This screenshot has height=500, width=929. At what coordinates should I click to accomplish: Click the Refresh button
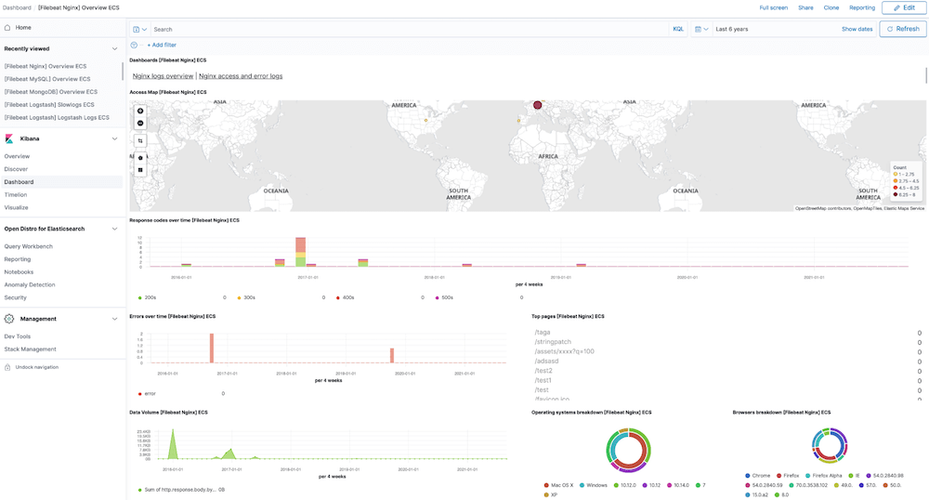pyautogui.click(x=903, y=29)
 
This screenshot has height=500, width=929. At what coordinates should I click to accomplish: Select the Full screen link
pyautogui.click(x=773, y=7)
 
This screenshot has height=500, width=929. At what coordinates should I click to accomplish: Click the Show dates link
pyautogui.click(x=857, y=29)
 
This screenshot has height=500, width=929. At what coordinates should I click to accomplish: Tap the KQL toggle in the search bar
pyautogui.click(x=678, y=29)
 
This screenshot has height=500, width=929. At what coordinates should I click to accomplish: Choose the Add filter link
pyautogui.click(x=162, y=45)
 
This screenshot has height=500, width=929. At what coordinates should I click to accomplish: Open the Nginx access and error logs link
pyautogui.click(x=241, y=76)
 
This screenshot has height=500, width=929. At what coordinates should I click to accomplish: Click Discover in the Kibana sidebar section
pyautogui.click(x=16, y=169)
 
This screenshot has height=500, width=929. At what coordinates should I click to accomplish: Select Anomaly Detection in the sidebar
pyautogui.click(x=30, y=284)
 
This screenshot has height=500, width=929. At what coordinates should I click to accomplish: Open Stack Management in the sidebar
pyautogui.click(x=30, y=349)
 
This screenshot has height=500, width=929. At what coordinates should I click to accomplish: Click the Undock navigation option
pyautogui.click(x=36, y=367)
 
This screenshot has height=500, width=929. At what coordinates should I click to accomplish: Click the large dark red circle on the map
pyautogui.click(x=537, y=105)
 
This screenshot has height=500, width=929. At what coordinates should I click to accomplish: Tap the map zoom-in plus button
pyautogui.click(x=140, y=111)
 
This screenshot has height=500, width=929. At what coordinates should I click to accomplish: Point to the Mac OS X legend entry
pyautogui.click(x=560, y=485)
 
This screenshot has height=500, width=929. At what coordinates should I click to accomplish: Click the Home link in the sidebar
pyautogui.click(x=22, y=28)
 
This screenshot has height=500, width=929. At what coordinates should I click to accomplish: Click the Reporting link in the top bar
pyautogui.click(x=861, y=7)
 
